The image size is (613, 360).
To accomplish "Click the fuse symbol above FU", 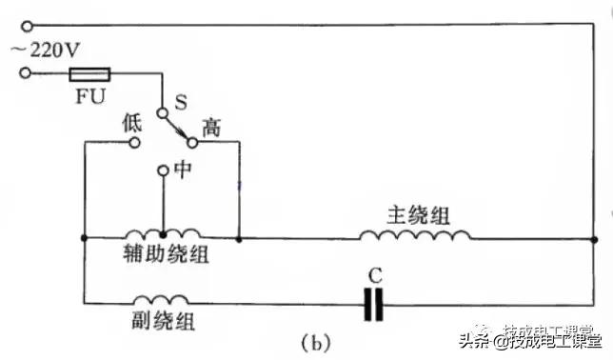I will coord(91,72).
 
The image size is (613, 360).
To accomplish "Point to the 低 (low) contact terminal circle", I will coord(134,143).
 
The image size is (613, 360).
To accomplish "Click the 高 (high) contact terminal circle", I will coord(191,143).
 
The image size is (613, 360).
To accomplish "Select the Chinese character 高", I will coord(211,126).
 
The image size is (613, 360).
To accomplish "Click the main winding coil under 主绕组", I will coord(413,233).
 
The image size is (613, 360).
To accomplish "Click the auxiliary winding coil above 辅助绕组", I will coord(162,233).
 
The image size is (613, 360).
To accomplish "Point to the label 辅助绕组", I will coord(166,255).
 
